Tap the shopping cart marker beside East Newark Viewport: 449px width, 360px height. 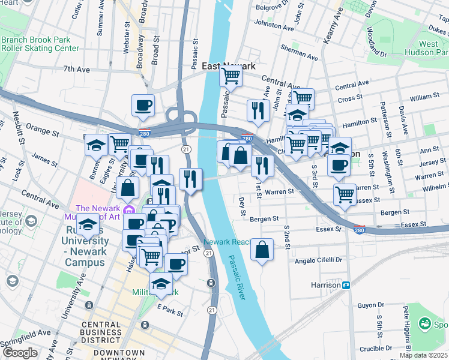coord(231,76)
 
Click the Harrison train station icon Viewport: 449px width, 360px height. coord(346,285)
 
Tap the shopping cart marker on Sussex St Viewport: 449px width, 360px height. coord(345,194)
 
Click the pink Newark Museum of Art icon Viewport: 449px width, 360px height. coord(127,210)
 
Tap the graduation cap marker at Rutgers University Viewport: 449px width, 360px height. coord(88,226)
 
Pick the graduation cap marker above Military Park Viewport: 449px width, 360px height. coord(161,284)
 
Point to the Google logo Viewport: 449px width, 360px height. coord(20,353)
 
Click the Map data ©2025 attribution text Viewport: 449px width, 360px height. coord(423,355)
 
